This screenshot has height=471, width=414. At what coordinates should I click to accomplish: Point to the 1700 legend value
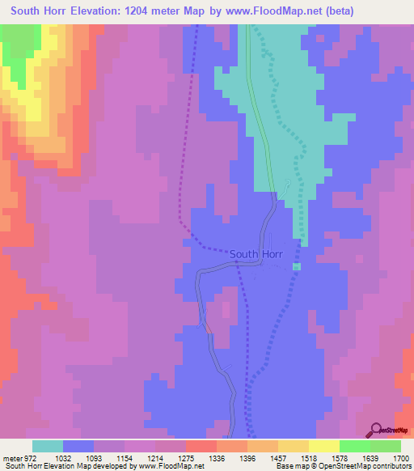pyautogui.click(x=400, y=458)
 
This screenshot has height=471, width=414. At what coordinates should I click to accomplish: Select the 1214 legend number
pyautogui.click(x=156, y=458)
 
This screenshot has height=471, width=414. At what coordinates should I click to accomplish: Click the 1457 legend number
pyautogui.click(x=278, y=458)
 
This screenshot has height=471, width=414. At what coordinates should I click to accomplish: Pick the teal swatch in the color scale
pyautogui.click(x=48, y=446)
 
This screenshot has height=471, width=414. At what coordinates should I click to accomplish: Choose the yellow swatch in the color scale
pyautogui.click(x=323, y=446)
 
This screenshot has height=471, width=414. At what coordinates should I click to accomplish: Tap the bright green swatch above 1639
pyautogui.click(x=354, y=446)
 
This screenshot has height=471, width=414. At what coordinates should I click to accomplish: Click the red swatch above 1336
pyautogui.click(x=201, y=446)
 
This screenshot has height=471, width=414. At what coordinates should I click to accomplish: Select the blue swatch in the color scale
pyautogui.click(x=78, y=446)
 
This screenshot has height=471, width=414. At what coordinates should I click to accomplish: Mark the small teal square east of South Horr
pyautogui.click(x=296, y=266)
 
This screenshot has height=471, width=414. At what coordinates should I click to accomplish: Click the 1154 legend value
pyautogui.click(x=125, y=458)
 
